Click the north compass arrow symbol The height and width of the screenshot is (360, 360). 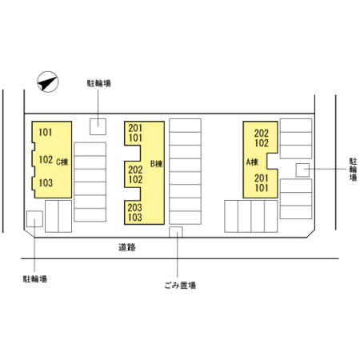[x=48, y=82]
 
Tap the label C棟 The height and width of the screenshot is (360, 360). [x=62, y=162]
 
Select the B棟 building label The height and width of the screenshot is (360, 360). [x=157, y=164]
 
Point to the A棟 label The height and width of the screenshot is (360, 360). [x=252, y=162]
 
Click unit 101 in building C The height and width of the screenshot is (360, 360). [x=46, y=132]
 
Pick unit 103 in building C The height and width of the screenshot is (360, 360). [x=46, y=183]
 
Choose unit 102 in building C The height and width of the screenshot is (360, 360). [x=46, y=160]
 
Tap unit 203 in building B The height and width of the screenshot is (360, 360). [x=134, y=207]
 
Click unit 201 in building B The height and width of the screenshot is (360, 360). [x=135, y=128]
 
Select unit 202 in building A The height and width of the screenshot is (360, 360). [x=262, y=134]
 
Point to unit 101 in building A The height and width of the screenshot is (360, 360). [x=262, y=188]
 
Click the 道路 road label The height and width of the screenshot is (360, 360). [x=127, y=247]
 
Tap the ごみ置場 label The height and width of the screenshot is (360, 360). [x=180, y=286]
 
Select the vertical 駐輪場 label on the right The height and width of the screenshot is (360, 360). [x=353, y=170]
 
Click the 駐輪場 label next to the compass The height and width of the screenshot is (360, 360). [x=98, y=83]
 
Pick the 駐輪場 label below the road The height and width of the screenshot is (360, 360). [x=35, y=279]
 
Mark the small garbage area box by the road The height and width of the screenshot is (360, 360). [x=176, y=232]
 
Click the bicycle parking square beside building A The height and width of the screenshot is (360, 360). [x=302, y=170]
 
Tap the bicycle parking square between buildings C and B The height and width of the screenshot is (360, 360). [x=98, y=126]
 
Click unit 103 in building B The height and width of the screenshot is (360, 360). [x=134, y=218]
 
